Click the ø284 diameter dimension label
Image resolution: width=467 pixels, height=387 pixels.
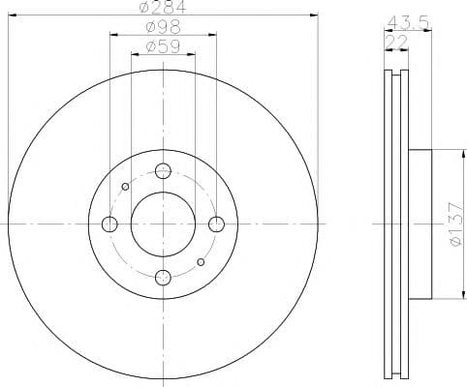pyautogui.click(x=163, y=7)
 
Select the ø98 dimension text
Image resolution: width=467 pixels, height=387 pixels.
pyautogui.click(x=163, y=27)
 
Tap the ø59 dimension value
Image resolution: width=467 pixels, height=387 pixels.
pyautogui.click(x=163, y=46)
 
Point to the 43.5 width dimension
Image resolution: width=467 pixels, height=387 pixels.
pyautogui.click(x=408, y=22)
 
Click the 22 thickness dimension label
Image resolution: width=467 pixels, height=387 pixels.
pyautogui.click(x=396, y=42)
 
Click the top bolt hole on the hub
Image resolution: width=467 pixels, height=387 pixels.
pyautogui.click(x=163, y=170)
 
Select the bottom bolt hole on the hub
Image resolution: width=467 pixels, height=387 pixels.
pyautogui.click(x=163, y=278)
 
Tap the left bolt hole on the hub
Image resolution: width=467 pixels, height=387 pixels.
pyautogui.click(x=109, y=224)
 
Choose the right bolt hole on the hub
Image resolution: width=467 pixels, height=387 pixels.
pyautogui.click(x=216, y=224)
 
